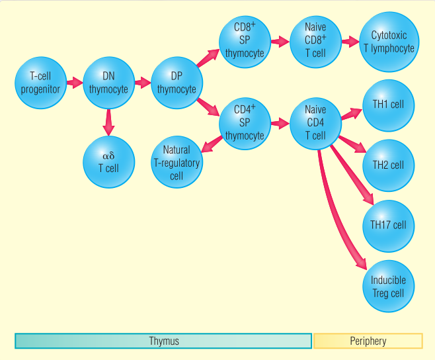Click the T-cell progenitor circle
coord(40,83)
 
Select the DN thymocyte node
coord(108,83)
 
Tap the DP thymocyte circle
coord(177,83)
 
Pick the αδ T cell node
coord(108,161)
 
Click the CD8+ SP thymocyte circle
coord(245,41)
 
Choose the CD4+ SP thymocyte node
coord(245,122)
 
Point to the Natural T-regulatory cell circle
coord(177,163)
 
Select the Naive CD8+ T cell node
coord(315,41)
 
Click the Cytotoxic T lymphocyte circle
coord(389,41)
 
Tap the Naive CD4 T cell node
coord(315,122)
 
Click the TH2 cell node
coord(388,165)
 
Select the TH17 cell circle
coord(388,225)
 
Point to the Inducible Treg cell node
coord(388,286)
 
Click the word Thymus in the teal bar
coord(163,341)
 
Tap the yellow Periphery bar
coord(368,341)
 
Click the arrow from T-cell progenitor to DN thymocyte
coord(74,83)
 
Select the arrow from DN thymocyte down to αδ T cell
coord(108,122)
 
